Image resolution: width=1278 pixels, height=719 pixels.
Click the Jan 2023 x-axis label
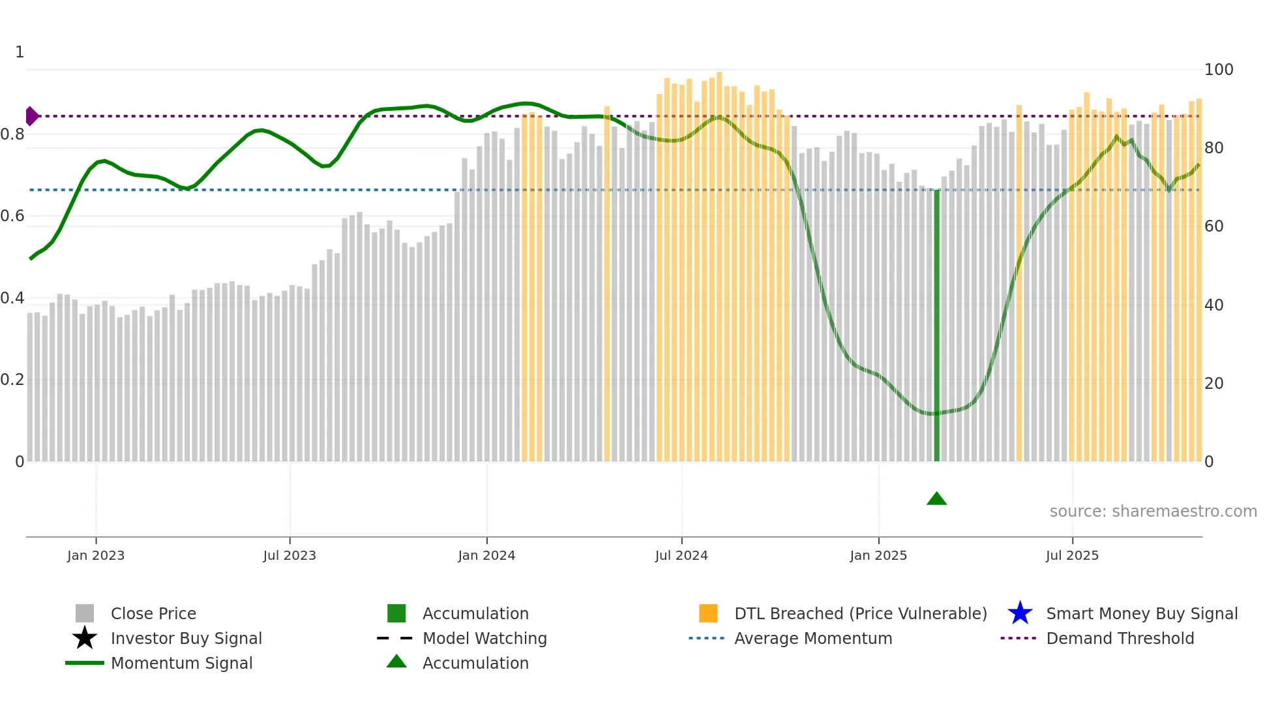point(95,555)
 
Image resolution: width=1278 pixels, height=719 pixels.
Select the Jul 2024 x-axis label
point(681,555)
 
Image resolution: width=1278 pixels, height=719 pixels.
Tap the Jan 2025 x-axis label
point(878,555)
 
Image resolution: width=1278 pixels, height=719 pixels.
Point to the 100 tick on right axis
point(1218,70)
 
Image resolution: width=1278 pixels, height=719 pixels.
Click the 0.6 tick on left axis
point(12,216)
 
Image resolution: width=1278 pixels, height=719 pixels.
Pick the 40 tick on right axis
point(1213,305)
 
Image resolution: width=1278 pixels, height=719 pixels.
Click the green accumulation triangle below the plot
point(936,499)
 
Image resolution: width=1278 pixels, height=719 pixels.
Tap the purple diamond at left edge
point(31,116)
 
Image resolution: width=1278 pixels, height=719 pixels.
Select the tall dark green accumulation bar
point(936,326)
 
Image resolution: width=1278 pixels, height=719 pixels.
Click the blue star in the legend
point(1020,613)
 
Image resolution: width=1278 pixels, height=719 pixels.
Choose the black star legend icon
point(85,638)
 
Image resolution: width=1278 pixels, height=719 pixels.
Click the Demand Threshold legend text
point(1120,638)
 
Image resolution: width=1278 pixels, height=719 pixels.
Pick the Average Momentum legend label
point(812,638)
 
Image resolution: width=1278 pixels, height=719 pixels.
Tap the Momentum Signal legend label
point(181,663)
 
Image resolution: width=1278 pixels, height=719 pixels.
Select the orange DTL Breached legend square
point(708,613)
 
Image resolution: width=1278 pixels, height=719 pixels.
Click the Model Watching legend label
point(484,638)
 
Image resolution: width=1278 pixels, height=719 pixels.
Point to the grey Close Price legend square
point(85,613)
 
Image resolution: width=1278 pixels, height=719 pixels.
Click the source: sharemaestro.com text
point(1153,512)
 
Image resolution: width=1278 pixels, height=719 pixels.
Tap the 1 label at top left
point(20,52)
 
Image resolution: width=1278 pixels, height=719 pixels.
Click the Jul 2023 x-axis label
point(290,555)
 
